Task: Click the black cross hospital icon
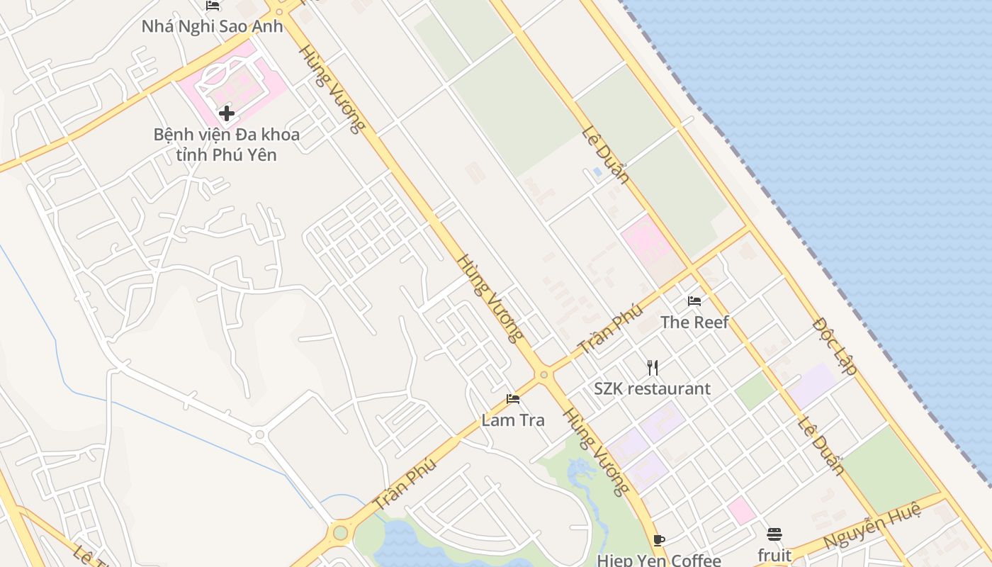click(227, 113)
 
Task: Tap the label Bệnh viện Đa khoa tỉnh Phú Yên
click(227, 144)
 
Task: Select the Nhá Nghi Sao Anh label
click(212, 26)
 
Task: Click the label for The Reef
click(694, 322)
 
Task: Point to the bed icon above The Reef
click(694, 301)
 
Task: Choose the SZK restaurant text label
click(652, 388)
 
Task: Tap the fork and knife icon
click(653, 367)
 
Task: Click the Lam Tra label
click(513, 420)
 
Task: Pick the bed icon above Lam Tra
click(513, 399)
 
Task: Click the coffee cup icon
click(659, 540)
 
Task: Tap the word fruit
click(774, 554)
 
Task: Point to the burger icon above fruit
click(774, 534)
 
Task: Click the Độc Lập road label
click(835, 347)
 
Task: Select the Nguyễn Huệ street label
click(872, 525)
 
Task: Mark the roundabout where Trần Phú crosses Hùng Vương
click(543, 374)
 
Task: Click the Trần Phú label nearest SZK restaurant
click(610, 330)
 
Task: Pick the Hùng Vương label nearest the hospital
click(332, 89)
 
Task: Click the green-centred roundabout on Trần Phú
click(341, 532)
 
